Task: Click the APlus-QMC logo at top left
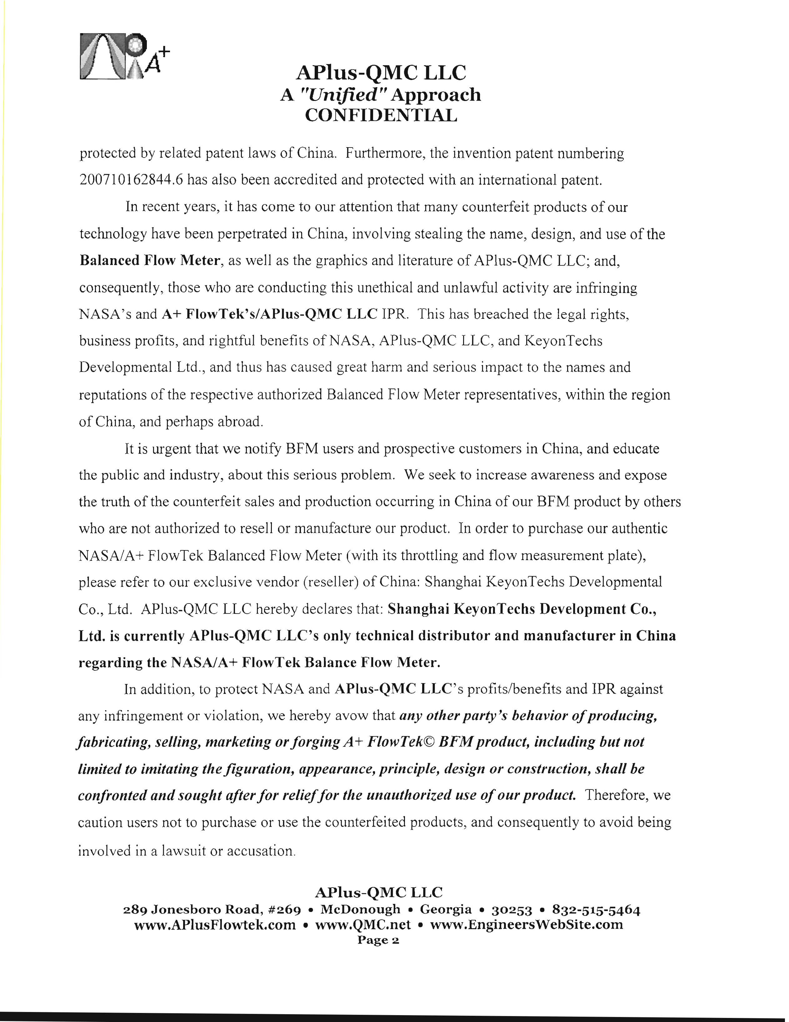(x=124, y=56)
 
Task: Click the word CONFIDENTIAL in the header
(x=381, y=115)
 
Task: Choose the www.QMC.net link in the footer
(x=363, y=925)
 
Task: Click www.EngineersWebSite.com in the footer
(x=527, y=925)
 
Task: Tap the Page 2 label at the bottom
(x=378, y=940)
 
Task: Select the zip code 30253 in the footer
(x=512, y=910)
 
